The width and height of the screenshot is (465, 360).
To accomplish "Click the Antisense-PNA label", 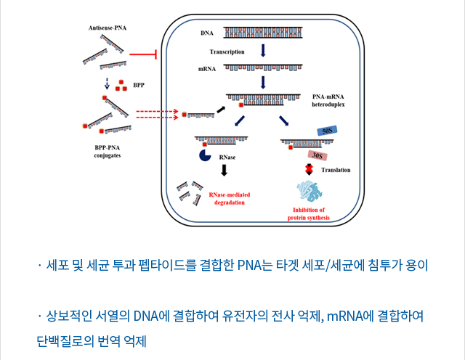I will point(107,27).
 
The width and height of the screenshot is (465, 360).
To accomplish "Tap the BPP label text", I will point(138,85).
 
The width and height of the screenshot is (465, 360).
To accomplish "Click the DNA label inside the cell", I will point(206,33).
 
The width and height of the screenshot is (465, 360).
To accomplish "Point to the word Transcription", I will point(227,52).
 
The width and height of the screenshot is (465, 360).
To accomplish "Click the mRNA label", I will point(206,69).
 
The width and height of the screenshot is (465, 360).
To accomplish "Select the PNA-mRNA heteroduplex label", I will point(328,100).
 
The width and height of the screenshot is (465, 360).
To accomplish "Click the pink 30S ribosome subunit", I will point(316,155).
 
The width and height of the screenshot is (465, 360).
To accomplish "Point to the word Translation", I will point(336,170).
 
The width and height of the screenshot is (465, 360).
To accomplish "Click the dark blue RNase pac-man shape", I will point(205,155).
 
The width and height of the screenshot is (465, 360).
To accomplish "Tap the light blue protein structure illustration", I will point(309,192).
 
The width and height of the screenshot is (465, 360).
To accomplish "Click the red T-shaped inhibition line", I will point(145,54).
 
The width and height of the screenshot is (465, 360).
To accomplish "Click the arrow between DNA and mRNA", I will point(263,50).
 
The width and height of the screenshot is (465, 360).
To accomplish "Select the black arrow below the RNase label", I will point(224,170).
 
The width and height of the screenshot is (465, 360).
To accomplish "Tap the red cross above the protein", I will point(309,169).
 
